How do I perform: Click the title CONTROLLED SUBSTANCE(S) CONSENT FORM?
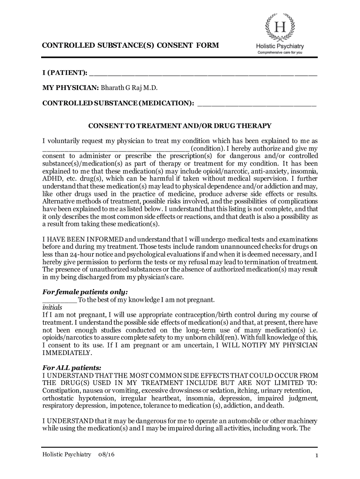[130, 45]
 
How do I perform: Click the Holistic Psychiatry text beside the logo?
[280, 46]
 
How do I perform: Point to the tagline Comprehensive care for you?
[280, 53]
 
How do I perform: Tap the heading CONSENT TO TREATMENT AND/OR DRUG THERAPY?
[180, 126]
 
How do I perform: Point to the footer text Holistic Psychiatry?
[66, 455]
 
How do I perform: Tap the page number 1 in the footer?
[317, 456]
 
